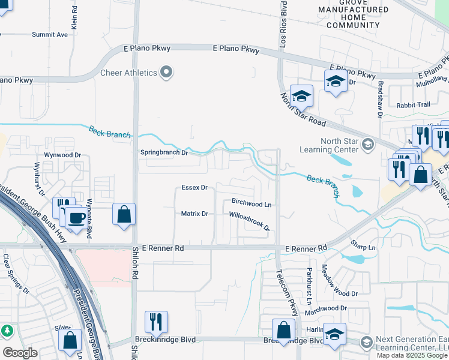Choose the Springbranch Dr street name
click(164, 152)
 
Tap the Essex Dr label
click(194, 188)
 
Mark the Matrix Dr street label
click(194, 214)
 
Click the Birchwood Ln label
click(252, 204)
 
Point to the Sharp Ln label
click(363, 247)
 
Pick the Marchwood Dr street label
click(326, 308)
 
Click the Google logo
click(20, 352)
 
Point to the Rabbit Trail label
click(413, 105)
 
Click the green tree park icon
click(7, 331)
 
